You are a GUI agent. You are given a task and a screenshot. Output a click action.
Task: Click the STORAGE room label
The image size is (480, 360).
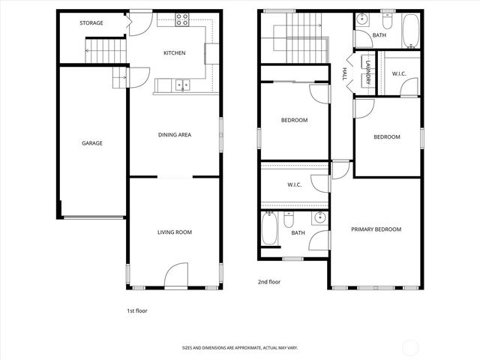pyautogui.click(x=91, y=23)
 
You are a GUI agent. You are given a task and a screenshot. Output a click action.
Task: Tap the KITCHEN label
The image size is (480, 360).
pyautogui.click(x=175, y=53)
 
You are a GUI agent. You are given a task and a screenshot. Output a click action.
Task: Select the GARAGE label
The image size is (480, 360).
pyautogui.click(x=92, y=143)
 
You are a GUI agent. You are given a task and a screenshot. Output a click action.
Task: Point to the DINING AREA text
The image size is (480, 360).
pyautogui.click(x=175, y=135)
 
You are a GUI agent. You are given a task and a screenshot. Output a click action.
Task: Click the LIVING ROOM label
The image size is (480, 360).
pyautogui.click(x=175, y=232)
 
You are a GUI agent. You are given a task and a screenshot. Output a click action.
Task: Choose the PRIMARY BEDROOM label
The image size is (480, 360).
pyautogui.click(x=376, y=229)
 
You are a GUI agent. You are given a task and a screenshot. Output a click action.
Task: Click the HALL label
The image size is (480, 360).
pyautogui.click(x=344, y=74)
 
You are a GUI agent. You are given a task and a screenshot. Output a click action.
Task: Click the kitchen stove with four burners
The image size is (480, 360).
pyautogui.click(x=182, y=20)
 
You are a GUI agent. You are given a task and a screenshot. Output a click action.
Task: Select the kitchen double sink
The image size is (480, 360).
pyautogui.click(x=182, y=85)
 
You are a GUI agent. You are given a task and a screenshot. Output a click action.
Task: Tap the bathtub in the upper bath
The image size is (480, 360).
pyautogui.click(x=410, y=31)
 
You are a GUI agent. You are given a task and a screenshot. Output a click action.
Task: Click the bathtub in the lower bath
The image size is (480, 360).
pyautogui.click(x=270, y=229)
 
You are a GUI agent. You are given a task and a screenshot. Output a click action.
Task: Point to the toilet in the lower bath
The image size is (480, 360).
pyautogui.click(x=289, y=220)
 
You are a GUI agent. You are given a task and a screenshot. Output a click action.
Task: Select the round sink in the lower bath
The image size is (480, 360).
pyautogui.click(x=319, y=218)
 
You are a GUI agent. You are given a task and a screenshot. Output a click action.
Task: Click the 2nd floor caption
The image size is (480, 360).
pyautogui.click(x=268, y=283)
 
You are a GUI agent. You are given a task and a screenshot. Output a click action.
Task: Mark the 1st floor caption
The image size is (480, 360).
pyautogui.click(x=137, y=310)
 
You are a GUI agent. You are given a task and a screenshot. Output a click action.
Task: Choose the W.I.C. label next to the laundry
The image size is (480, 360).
pyautogui.click(x=398, y=73)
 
